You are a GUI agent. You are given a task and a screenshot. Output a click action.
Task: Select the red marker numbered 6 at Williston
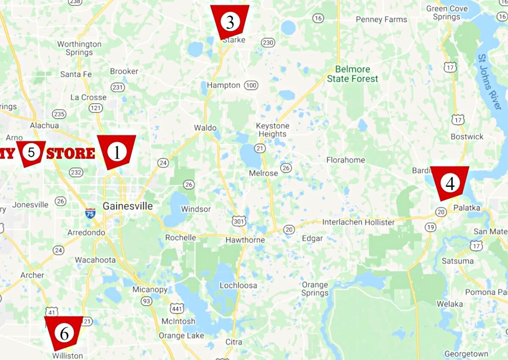coord(64,333)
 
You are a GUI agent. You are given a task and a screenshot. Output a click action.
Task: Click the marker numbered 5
coord(31,152)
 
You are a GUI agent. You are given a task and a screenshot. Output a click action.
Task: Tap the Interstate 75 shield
coord(90,213)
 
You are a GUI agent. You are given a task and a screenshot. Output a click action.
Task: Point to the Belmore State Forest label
coord(353,74)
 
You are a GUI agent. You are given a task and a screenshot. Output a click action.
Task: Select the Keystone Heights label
coord(273,130)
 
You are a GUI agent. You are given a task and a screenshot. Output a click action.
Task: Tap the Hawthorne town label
coord(245,240)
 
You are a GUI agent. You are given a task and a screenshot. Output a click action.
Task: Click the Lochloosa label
coord(238,285)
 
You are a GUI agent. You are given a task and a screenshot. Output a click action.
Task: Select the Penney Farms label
coord(381,19)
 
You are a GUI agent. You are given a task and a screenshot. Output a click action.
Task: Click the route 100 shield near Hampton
coord(251,86)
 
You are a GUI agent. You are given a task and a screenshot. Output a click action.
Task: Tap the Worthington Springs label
coord(79,48)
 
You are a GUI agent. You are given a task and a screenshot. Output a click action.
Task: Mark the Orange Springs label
coord(315,289)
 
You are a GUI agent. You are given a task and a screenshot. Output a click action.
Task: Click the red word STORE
coord(71,153)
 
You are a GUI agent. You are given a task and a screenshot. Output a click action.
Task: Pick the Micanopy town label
coord(150,290)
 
